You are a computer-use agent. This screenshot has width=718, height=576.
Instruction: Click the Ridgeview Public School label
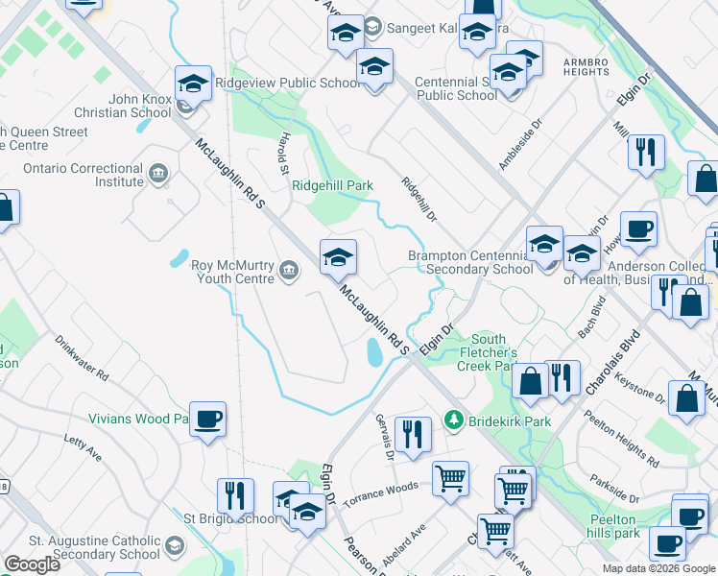point(288,84)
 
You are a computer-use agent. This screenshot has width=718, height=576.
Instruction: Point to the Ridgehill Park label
point(332,186)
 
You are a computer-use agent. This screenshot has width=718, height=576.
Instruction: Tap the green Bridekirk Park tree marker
point(453,420)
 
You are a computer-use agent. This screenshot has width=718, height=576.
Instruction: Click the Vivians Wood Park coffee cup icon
point(207,420)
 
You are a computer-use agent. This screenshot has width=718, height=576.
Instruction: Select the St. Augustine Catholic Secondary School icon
point(175,547)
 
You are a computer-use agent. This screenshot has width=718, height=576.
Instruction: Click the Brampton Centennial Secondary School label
point(470,262)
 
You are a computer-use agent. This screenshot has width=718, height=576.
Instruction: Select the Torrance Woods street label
point(381,493)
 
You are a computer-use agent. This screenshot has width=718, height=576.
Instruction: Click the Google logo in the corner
point(32,564)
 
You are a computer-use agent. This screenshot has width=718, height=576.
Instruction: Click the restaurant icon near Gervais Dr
point(412,434)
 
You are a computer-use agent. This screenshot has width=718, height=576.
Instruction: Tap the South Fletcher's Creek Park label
point(489,352)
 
